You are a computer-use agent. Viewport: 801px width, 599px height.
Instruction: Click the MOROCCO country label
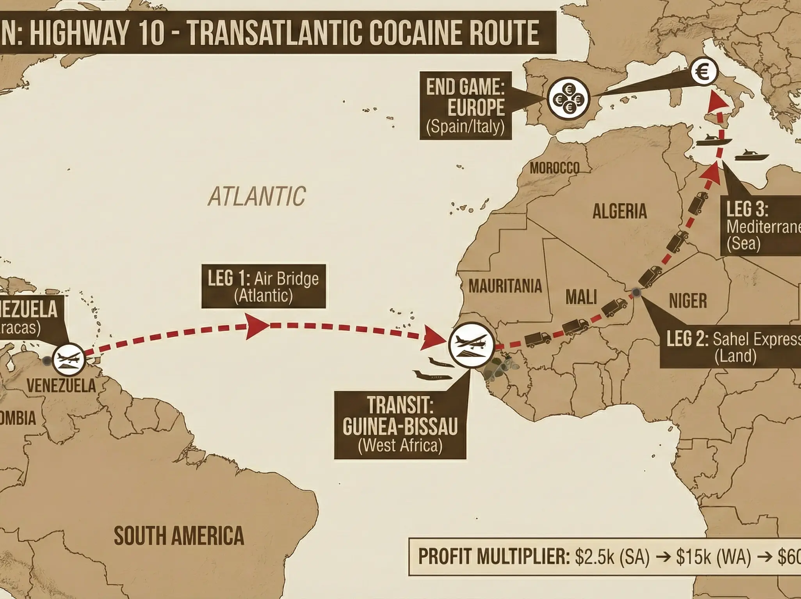click(x=554, y=168)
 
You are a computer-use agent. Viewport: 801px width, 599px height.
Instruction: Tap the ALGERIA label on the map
click(x=619, y=211)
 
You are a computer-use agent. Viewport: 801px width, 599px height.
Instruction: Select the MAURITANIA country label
click(x=505, y=286)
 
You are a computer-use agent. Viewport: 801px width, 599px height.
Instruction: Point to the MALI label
click(x=581, y=298)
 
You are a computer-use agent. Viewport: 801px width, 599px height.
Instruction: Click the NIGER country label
click(x=688, y=301)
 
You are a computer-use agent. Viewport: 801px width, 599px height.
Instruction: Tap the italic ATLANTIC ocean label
click(x=256, y=196)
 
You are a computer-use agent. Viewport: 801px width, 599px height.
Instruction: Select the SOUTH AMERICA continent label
click(x=179, y=535)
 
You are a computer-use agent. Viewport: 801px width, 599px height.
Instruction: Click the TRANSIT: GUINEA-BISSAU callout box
click(x=400, y=425)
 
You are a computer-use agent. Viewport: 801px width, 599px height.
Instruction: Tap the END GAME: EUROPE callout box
click(x=466, y=105)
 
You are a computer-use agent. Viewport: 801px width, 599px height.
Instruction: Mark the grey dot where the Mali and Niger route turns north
click(x=637, y=292)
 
